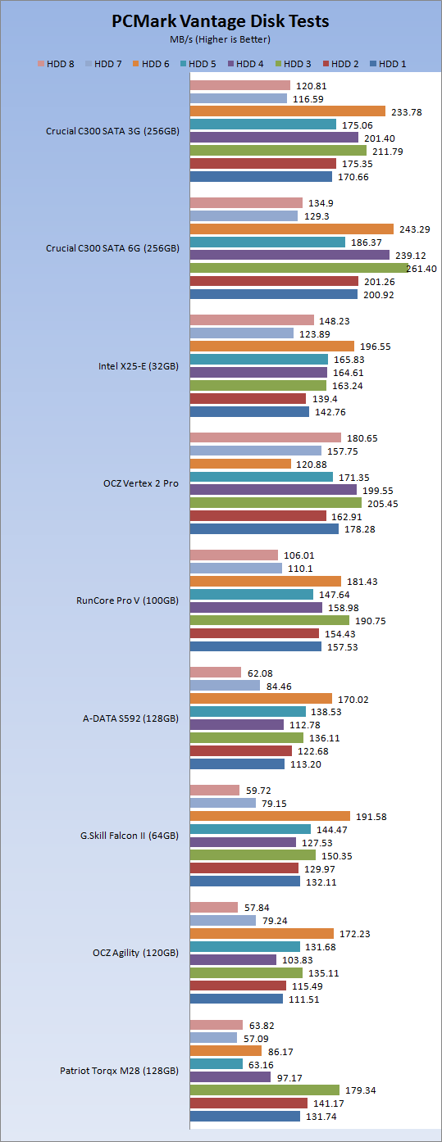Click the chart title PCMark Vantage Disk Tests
221,21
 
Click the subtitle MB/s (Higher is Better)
220,40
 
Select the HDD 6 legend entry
151,64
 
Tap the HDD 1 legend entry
388,64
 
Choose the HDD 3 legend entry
293,64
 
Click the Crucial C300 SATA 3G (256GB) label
113,131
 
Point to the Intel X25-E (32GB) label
139,366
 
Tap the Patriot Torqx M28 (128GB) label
120,1071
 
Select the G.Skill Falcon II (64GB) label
130,836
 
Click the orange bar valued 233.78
288,111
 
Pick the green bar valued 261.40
299,268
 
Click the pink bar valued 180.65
266,437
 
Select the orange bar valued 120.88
240,464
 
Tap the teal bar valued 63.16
216,1064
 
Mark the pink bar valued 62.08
216,673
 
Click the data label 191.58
371,817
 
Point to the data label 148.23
335,321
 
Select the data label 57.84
257,908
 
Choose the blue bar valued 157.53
256,646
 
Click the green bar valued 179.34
265,1090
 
